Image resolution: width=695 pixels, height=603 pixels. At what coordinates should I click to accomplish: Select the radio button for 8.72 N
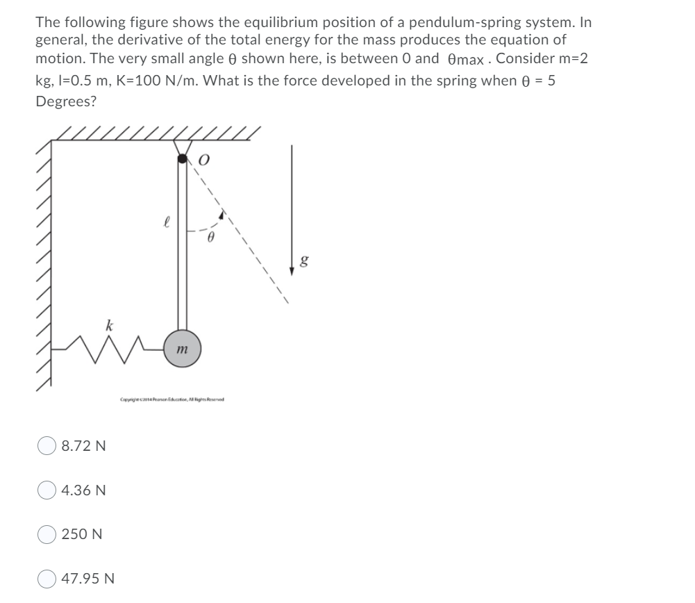pos(47,445)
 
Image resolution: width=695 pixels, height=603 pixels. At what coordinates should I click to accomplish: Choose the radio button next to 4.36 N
pos(47,490)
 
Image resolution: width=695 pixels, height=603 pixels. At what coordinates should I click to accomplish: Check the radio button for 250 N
pos(47,534)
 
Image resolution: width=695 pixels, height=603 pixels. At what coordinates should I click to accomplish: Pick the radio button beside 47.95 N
pos(47,578)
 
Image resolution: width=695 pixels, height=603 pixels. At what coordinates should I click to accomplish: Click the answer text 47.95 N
pos(88,578)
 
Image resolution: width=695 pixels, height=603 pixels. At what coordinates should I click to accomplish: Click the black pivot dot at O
pos(183,159)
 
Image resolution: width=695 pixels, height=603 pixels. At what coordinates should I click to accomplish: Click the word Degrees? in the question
pos(66,101)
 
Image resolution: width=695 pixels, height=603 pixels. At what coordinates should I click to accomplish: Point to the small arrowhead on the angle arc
pos(221,216)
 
